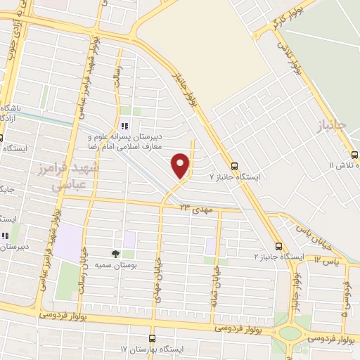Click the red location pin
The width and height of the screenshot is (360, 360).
[181, 165]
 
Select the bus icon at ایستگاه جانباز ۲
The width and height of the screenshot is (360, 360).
[279, 246]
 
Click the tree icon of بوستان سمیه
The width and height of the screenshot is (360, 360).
[115, 254]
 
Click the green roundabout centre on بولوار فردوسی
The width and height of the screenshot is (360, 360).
[288, 333]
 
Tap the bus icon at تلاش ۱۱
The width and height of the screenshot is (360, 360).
[354, 155]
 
